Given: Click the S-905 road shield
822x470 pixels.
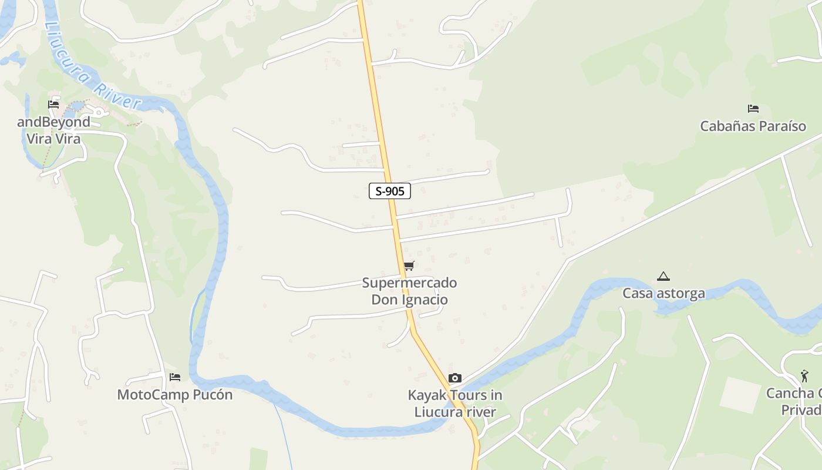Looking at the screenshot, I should [389, 191].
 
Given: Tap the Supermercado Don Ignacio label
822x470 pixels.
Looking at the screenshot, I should [409, 291].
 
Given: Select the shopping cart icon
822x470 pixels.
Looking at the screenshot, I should [409, 266].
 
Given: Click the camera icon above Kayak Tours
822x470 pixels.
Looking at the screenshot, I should [455, 378].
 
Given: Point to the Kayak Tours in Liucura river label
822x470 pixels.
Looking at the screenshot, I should [455, 404].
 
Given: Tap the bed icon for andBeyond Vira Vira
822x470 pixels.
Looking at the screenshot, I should [53, 105].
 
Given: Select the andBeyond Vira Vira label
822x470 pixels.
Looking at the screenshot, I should [53, 130].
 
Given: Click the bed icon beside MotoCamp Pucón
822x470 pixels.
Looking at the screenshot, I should [174, 377].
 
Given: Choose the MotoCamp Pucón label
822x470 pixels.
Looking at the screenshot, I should [175, 395].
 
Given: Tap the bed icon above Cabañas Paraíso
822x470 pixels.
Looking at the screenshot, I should [753, 109].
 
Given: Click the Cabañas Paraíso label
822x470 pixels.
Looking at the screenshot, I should [753, 126].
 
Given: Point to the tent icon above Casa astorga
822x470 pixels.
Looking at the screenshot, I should [663, 276].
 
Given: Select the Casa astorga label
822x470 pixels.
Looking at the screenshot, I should [663, 293].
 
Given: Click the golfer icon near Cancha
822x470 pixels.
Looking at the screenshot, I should [804, 375].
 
